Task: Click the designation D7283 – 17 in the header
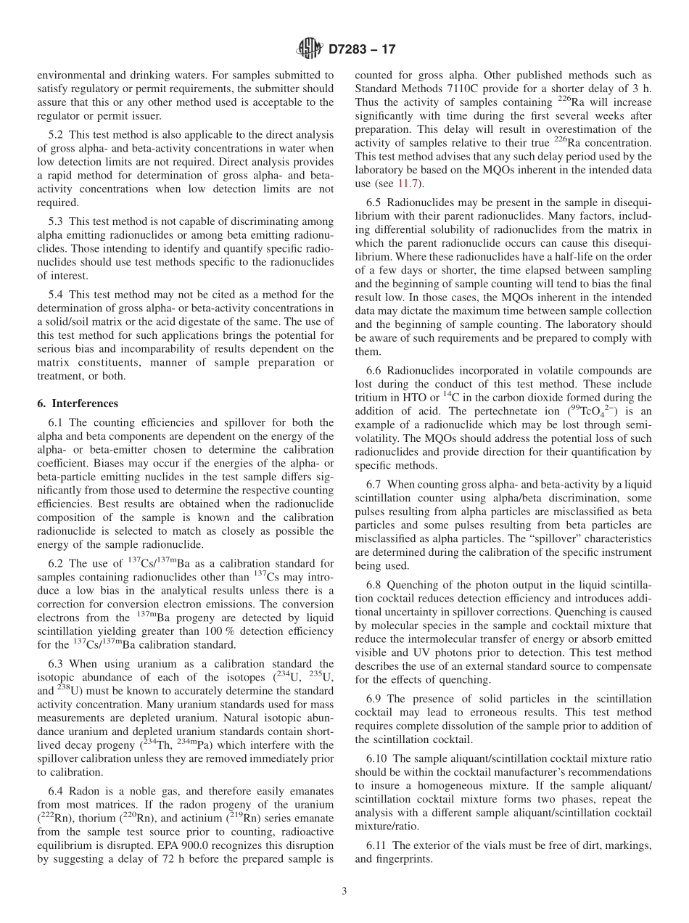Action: click(x=362, y=50)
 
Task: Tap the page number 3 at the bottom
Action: click(x=344, y=892)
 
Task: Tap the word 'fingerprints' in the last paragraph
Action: click(x=397, y=858)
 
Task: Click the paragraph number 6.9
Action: click(x=376, y=699)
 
